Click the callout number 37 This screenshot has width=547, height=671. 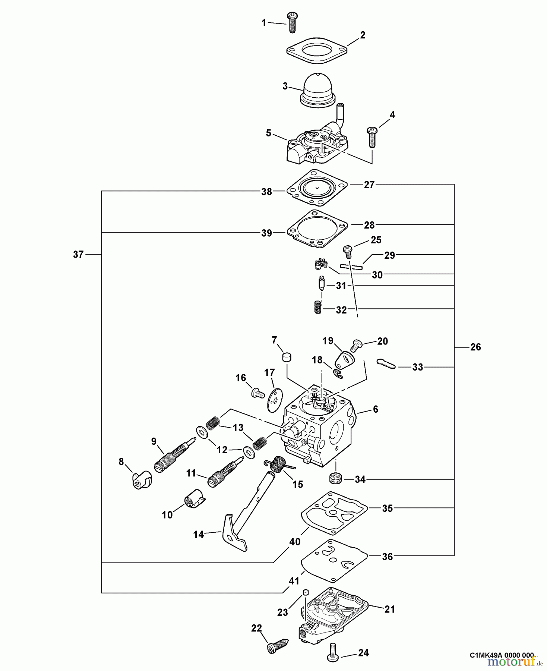tap(78, 255)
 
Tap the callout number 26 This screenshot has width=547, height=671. tap(475, 347)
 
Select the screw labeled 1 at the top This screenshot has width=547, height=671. tap(291, 23)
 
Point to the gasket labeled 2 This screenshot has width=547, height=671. tap(317, 50)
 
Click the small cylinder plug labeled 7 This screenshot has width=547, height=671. tap(287, 357)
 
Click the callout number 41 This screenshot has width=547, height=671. tap(294, 580)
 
